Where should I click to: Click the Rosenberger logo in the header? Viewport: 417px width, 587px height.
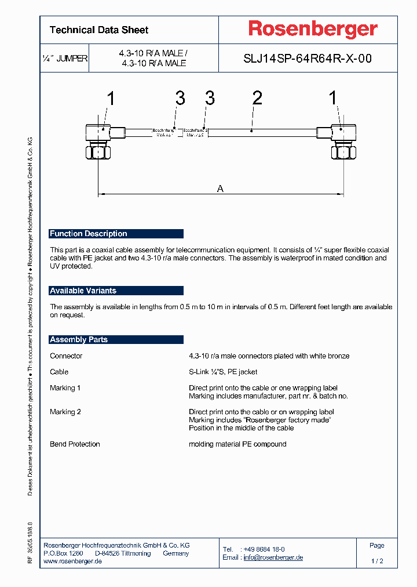(x=313, y=29)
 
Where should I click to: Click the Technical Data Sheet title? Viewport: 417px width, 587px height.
(x=99, y=30)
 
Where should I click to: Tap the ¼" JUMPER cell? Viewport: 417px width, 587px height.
(x=64, y=59)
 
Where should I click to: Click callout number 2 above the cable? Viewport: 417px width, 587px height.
(x=257, y=99)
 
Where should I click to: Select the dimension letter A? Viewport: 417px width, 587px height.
(x=220, y=188)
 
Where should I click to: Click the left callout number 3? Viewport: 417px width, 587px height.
(x=180, y=99)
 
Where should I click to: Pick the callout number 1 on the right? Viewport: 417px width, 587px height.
(x=333, y=99)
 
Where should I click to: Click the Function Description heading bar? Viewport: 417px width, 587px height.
(x=116, y=234)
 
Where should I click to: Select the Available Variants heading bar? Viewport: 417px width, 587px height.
(x=116, y=291)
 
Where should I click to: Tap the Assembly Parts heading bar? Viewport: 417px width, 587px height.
(x=116, y=339)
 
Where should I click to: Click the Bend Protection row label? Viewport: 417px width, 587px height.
(x=75, y=444)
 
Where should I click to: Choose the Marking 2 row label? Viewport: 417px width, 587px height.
(x=65, y=412)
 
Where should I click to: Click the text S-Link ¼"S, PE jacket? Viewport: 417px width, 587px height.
(x=223, y=372)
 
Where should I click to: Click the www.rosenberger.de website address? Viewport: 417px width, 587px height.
(x=73, y=561)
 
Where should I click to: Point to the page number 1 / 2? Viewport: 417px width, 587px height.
(x=377, y=561)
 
